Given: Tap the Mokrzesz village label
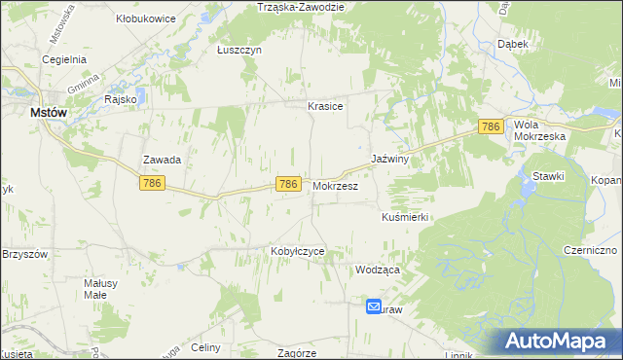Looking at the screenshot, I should [336, 185].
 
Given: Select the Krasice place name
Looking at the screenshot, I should [325, 106].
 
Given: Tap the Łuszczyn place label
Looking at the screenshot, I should [239, 52].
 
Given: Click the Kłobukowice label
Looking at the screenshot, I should [144, 18].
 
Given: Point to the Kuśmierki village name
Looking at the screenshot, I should [406, 218].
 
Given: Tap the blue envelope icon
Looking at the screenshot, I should [375, 306].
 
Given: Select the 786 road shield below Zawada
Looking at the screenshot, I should [151, 183].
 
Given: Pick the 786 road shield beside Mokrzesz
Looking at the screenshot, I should [287, 184].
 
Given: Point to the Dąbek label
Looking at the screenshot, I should [513, 45].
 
